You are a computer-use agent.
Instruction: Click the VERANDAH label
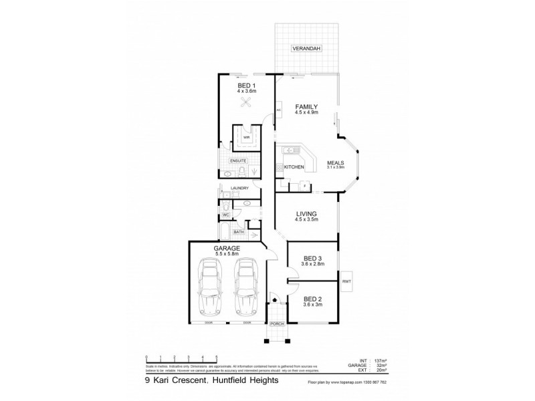pyautogui.click(x=307, y=49)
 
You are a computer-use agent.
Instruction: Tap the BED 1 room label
pyautogui.click(x=246, y=86)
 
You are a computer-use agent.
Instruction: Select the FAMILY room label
pyautogui.click(x=307, y=106)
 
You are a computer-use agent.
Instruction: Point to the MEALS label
pyautogui.click(x=336, y=162)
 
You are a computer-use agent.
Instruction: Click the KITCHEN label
pyautogui.click(x=294, y=166)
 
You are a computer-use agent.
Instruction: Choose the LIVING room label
pyautogui.click(x=307, y=213)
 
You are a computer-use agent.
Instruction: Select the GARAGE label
pyautogui.click(x=227, y=248)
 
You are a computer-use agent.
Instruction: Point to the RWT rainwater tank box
pyautogui.click(x=347, y=282)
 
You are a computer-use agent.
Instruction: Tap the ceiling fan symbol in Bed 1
pyautogui.click(x=246, y=103)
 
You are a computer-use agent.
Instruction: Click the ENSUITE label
pyautogui.click(x=239, y=161)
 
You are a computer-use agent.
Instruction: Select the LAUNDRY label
pyautogui.click(x=239, y=188)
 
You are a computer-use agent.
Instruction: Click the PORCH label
pyautogui.click(x=277, y=324)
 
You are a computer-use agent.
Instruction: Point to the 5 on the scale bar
pyautogui.click(x=216, y=358)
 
